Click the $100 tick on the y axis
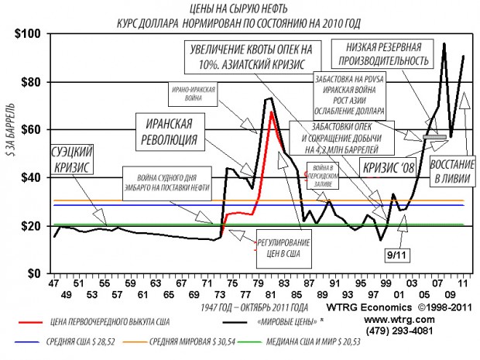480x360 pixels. [x=27, y=34]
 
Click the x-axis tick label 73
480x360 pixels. [x=221, y=284]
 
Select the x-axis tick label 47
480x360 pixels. [x=54, y=284]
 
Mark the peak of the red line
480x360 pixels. [x=273, y=113]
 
